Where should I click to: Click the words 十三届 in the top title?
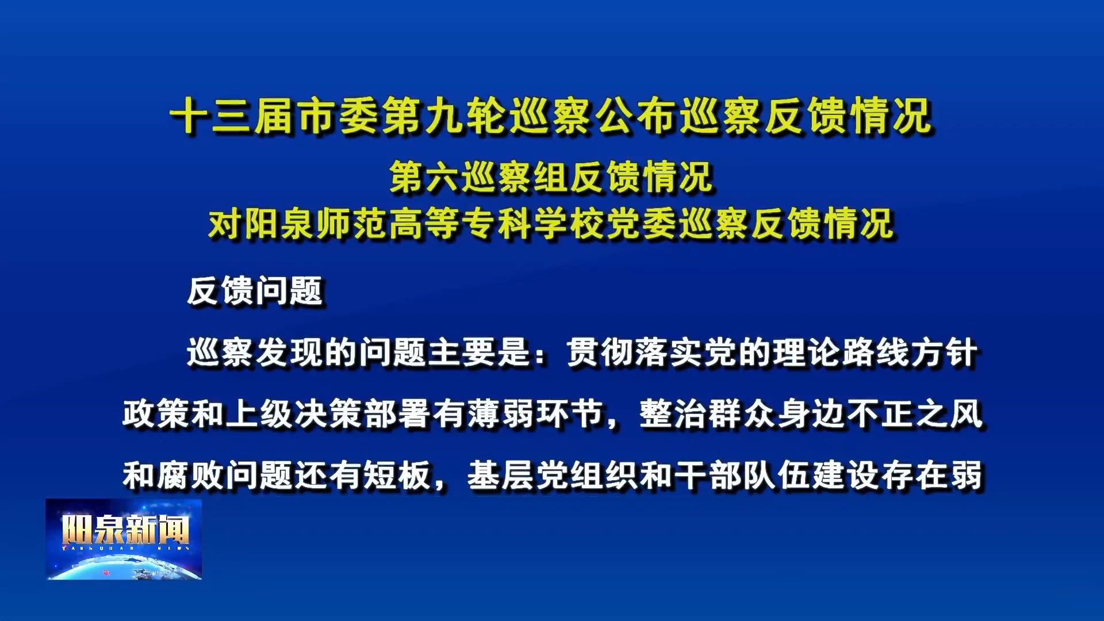(233, 116)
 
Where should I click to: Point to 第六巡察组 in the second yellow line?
(480, 177)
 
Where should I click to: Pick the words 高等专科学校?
(497, 223)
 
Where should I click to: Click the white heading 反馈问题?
(255, 291)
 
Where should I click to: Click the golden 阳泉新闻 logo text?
(125, 529)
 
